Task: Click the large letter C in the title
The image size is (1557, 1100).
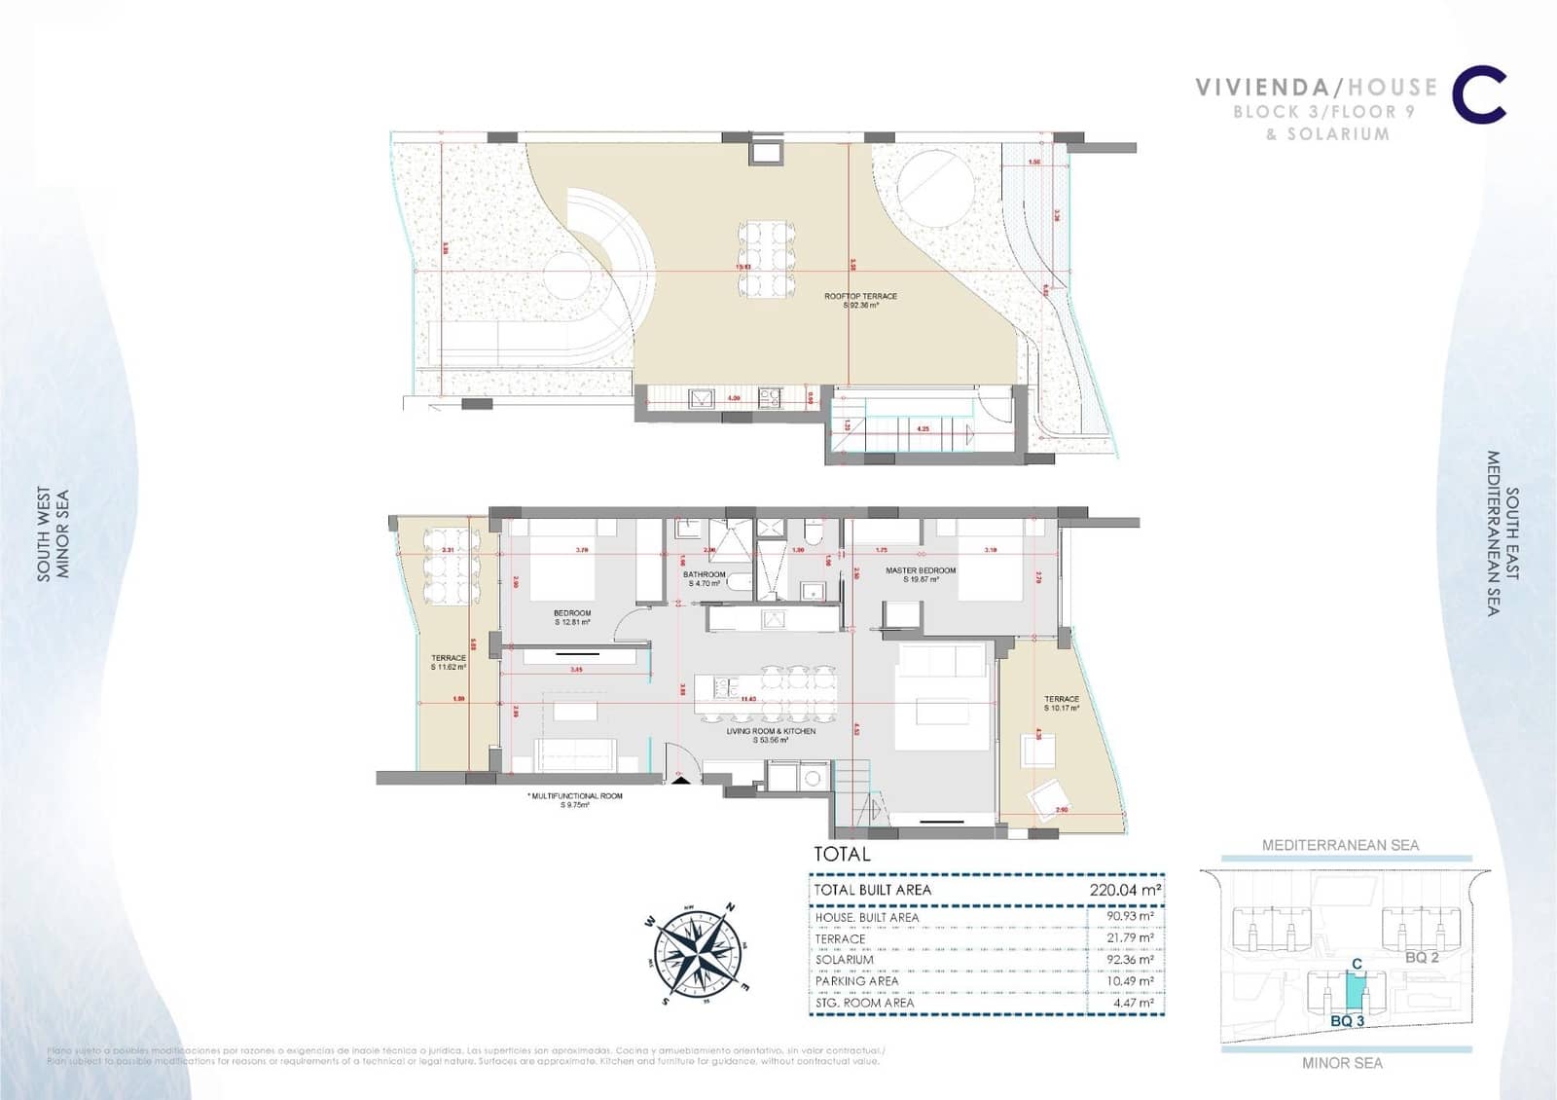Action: pyautogui.click(x=1479, y=95)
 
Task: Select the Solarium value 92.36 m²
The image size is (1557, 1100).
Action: pyautogui.click(x=1131, y=960)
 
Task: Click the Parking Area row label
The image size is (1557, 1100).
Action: pyautogui.click(x=856, y=981)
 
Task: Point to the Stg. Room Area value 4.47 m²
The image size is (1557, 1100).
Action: pyautogui.click(x=1134, y=1003)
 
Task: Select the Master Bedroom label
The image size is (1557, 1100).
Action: pyautogui.click(x=920, y=574)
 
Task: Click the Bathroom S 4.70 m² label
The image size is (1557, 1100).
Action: pyautogui.click(x=705, y=578)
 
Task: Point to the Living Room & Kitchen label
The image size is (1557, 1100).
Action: pyautogui.click(x=771, y=735)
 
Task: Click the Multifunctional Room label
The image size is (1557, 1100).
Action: pyautogui.click(x=576, y=800)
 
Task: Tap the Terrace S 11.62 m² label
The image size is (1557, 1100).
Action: pyautogui.click(x=449, y=663)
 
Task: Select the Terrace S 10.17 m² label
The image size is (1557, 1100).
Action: pyautogui.click(x=1062, y=703)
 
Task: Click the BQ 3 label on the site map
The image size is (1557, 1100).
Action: pyautogui.click(x=1347, y=1021)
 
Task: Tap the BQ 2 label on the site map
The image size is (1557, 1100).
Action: pyautogui.click(x=1422, y=958)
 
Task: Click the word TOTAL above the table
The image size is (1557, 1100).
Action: pyautogui.click(x=842, y=855)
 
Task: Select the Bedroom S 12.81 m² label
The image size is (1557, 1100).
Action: pyautogui.click(x=572, y=617)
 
